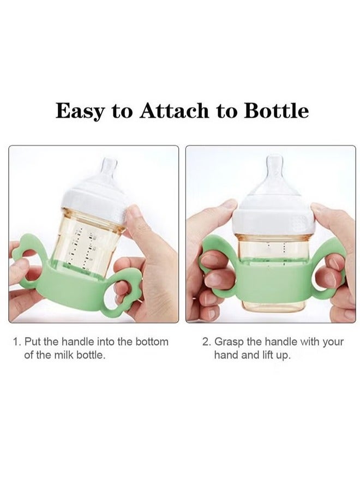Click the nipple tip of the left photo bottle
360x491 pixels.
pos(109,162)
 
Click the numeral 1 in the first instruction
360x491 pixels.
pos(16,342)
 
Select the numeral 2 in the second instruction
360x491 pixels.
pos(206,342)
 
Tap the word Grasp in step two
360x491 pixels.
pos(230,342)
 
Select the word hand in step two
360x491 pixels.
pos(226,355)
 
